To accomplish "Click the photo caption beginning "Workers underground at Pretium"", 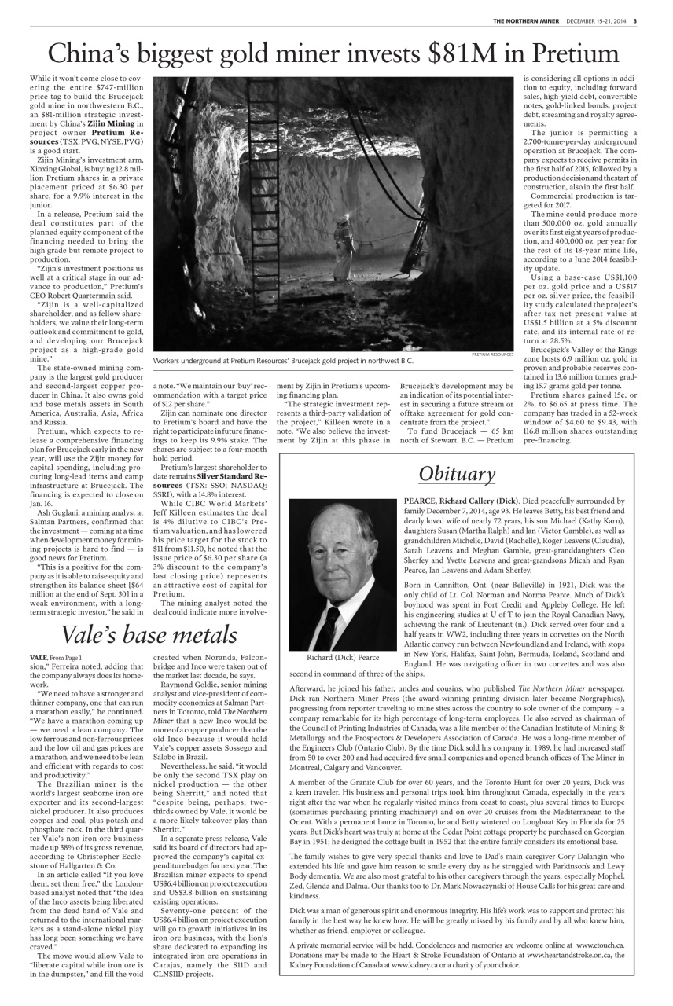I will [283, 361].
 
